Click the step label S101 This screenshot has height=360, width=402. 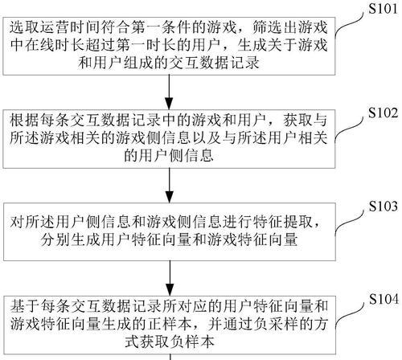click(x=383, y=9)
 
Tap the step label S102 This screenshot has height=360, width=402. click(x=383, y=113)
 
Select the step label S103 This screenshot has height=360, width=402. click(x=383, y=207)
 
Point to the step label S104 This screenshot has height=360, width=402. click(x=384, y=299)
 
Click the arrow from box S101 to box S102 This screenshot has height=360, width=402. click(x=169, y=92)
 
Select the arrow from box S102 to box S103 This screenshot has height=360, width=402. click(x=169, y=186)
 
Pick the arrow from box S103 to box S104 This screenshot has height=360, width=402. click(x=170, y=278)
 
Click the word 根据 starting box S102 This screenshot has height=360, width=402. click(x=25, y=121)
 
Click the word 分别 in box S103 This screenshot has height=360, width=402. click(x=55, y=239)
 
